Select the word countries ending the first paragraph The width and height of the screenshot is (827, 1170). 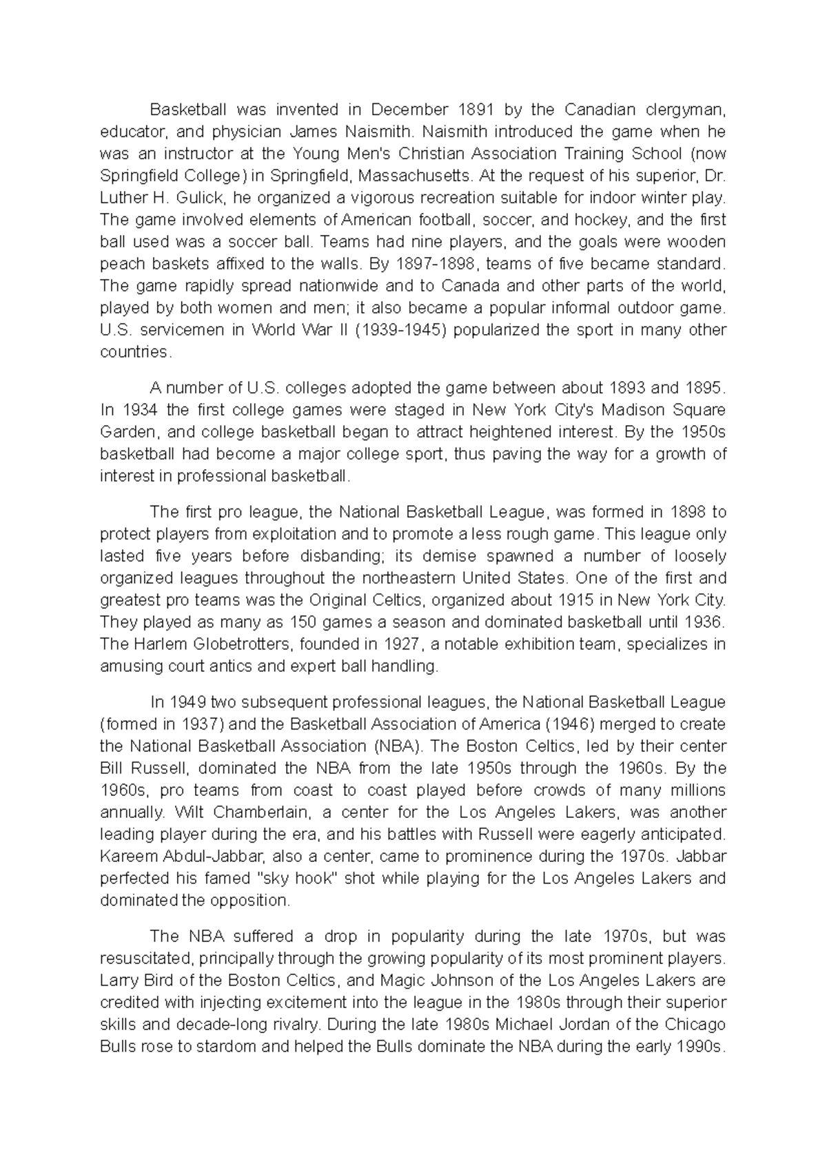[x=133, y=352]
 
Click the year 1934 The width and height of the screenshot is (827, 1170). [x=140, y=410]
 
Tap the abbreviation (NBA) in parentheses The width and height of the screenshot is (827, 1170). [x=400, y=746]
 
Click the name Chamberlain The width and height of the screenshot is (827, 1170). [x=251, y=812]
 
